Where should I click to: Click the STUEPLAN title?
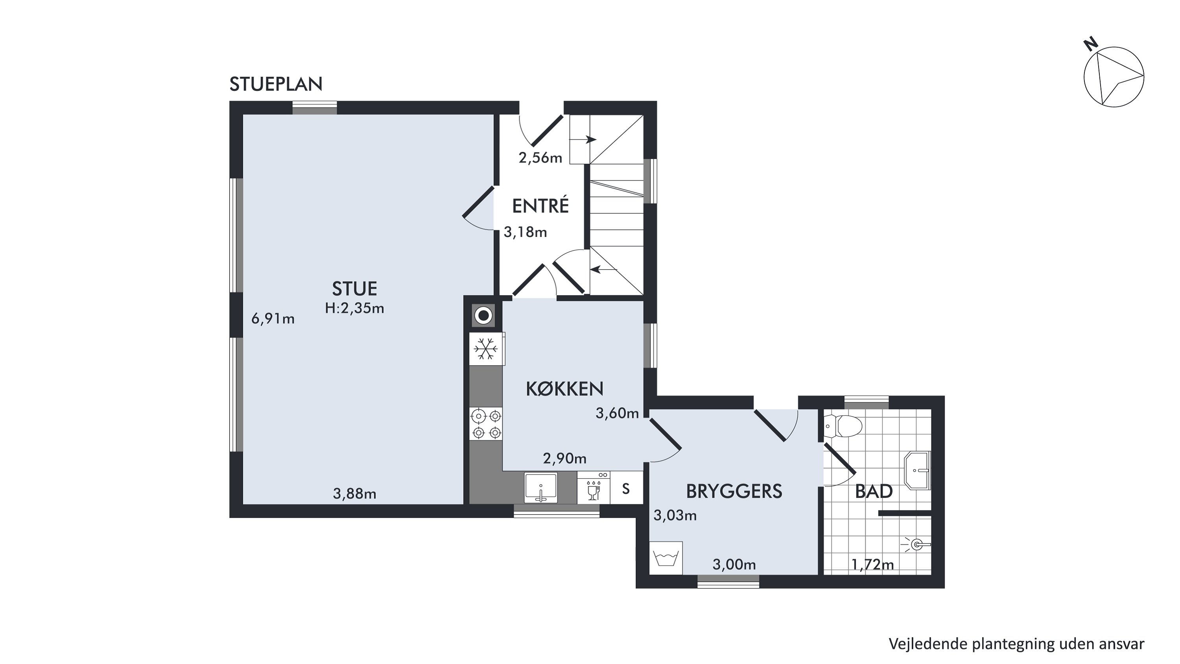point(276,84)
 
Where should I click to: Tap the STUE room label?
point(354,289)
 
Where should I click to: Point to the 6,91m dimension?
point(273,318)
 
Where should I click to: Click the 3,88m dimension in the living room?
point(354,494)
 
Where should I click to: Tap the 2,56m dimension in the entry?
point(540,158)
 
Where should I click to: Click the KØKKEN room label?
point(564,388)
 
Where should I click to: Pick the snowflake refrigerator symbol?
point(485,349)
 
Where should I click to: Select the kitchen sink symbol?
point(541,487)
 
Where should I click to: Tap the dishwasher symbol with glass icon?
point(594,488)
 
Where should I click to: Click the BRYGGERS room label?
point(734,491)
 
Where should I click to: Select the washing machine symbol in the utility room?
point(666,558)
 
